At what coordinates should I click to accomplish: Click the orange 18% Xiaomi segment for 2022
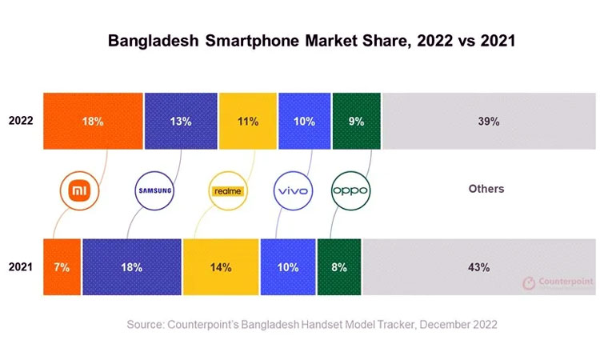pos(93,122)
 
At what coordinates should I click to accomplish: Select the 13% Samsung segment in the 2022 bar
pos(181,122)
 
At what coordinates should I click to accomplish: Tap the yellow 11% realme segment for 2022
pos(247,122)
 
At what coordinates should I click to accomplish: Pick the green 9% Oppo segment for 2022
pos(356,122)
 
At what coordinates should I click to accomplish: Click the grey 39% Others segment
pos(489,122)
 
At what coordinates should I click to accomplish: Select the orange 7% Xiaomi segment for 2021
pos(62,266)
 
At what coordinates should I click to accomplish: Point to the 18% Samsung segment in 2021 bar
pos(132,266)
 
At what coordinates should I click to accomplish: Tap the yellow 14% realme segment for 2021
pos(221,266)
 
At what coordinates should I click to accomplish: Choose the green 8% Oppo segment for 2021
pos(338,266)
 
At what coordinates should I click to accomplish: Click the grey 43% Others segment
pos(479,266)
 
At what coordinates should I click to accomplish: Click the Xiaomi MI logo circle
pos(79,190)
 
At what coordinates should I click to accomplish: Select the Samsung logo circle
pos(154,190)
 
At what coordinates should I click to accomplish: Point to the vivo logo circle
pos(292,190)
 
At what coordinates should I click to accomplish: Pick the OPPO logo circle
pos(350,190)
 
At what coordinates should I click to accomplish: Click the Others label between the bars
pos(486,189)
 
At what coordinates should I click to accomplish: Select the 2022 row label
pos(21,122)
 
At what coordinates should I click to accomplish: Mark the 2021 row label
pos(21,266)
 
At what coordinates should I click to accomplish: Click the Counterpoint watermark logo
pos(553,283)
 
